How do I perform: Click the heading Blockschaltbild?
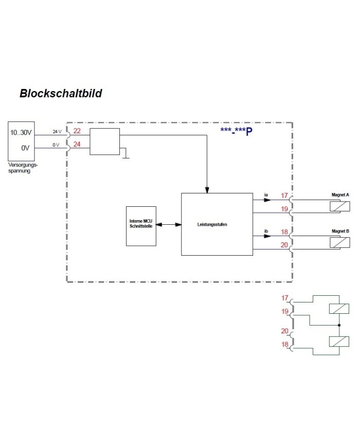point(61,94)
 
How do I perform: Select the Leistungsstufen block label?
point(212,224)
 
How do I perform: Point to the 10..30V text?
point(21,133)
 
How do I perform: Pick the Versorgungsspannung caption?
point(23,168)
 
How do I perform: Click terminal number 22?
point(77,131)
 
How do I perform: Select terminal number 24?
point(77,144)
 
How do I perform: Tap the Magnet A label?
point(340,195)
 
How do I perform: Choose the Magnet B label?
point(340,231)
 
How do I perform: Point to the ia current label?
point(266,194)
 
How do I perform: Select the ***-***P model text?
point(236,131)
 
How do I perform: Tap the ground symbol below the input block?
point(125,156)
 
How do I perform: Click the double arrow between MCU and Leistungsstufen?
point(169,225)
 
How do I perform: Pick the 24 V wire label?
point(57,132)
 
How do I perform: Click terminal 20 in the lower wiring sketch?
point(284,331)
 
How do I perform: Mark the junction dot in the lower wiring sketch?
point(339,326)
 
